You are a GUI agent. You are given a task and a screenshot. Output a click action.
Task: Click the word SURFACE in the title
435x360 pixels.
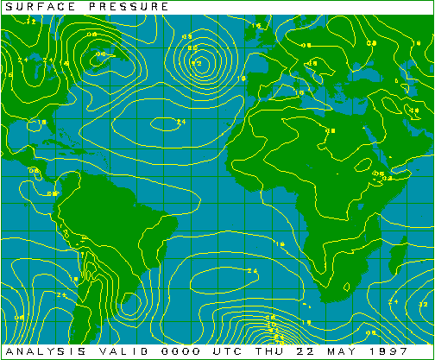click(31, 7)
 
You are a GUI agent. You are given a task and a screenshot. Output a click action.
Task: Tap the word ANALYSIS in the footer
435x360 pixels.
click(35, 353)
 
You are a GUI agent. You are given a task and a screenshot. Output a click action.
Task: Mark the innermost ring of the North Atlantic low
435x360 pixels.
click(196, 63)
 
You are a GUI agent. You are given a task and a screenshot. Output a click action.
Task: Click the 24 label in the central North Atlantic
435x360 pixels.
click(180, 123)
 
